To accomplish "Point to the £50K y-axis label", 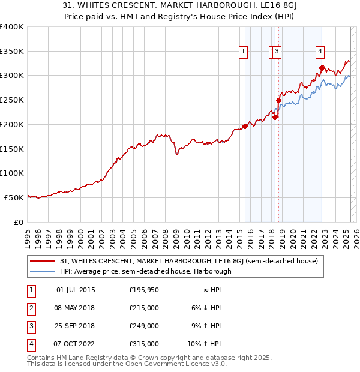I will tap(13, 197).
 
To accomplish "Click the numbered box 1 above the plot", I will tap(243, 52).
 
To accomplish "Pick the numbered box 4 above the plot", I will tap(321, 52).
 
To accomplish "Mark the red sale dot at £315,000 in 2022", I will tap(322, 68).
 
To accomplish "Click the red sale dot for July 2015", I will tap(245, 126).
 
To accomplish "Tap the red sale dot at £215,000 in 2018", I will tap(275, 117).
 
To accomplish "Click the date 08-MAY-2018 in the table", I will tap(76, 308).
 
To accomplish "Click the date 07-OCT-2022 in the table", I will tap(76, 344).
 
